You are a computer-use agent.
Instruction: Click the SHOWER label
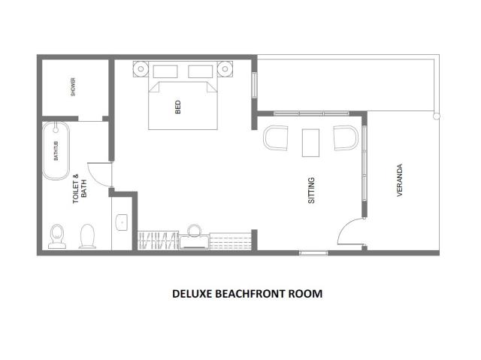point(73,87)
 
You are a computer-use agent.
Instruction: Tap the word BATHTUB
point(56,151)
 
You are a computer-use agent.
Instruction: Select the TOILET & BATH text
point(80,189)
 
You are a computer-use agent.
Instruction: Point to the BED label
point(178,107)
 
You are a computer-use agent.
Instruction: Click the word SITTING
point(311,190)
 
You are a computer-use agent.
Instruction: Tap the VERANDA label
point(399,180)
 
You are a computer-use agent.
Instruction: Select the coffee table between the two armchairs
point(310,143)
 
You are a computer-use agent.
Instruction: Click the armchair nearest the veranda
point(346,138)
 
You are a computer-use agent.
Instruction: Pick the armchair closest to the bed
point(276,138)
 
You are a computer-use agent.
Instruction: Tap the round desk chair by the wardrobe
point(194,230)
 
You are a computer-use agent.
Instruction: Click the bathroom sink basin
point(122,222)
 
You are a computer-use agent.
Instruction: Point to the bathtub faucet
point(56,129)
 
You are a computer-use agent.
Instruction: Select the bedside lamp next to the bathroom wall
point(141,69)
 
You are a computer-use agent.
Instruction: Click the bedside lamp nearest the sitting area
point(225,69)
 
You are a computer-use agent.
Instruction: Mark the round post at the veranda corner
point(436,116)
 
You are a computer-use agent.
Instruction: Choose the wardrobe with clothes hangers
point(158,240)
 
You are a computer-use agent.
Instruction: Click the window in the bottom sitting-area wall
point(313,253)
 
